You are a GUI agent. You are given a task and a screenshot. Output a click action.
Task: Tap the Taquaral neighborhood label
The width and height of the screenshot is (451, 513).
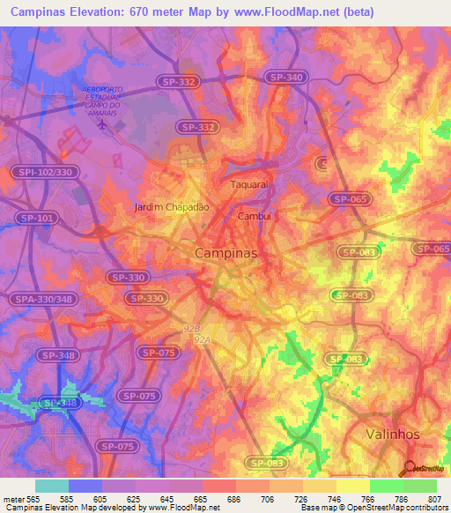(248, 185)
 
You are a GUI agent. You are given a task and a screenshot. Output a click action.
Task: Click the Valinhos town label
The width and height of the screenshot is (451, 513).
(392, 435)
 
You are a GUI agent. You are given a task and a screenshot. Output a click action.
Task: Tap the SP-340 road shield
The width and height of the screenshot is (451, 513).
(287, 78)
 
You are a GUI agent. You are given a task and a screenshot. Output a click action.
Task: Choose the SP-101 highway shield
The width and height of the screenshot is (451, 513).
(36, 217)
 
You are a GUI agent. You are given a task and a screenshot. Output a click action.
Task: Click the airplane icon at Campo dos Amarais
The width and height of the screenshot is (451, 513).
(102, 125)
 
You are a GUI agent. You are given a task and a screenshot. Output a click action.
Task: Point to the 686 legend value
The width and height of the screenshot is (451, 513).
(235, 500)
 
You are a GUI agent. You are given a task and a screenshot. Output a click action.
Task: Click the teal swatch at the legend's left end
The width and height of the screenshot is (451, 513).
(52, 486)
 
